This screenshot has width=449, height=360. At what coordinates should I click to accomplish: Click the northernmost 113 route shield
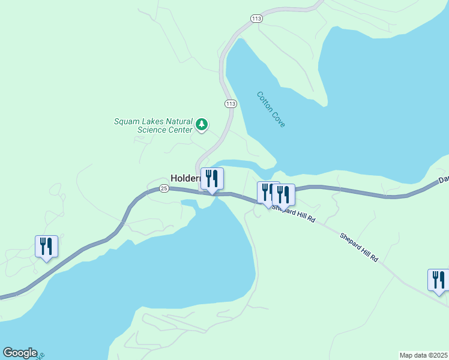point(257,19)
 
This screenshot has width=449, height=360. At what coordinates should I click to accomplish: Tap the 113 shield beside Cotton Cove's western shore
point(231,104)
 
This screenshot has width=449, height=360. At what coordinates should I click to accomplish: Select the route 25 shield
point(164,188)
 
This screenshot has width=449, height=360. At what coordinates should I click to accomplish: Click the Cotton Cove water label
point(271,109)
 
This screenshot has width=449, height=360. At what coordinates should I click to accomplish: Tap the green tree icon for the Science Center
point(202,125)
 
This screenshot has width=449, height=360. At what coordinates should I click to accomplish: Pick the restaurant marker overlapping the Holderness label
point(212,179)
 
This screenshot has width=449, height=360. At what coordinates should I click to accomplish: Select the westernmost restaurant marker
point(46,246)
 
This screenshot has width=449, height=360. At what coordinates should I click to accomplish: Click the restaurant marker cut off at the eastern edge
point(438,280)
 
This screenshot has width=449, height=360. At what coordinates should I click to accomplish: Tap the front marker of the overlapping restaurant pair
point(283,194)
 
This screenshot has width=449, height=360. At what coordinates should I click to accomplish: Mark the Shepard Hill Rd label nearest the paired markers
point(294,214)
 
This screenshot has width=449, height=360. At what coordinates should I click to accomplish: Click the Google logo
point(19,353)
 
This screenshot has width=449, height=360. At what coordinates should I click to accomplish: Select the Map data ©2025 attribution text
point(424,355)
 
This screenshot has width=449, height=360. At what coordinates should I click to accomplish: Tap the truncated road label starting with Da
point(444,179)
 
